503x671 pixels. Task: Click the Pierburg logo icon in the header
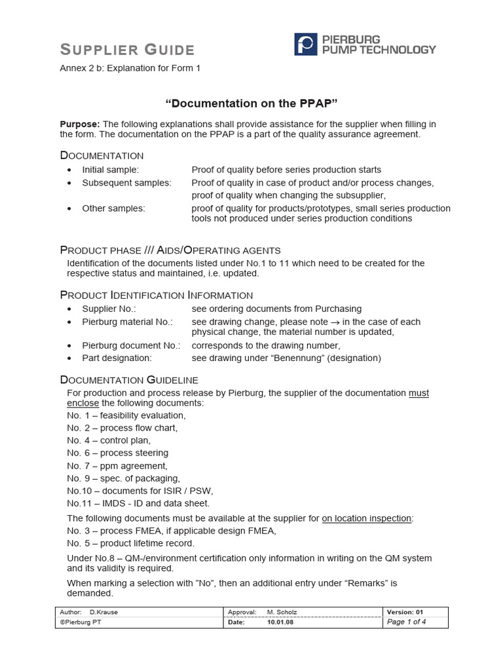[305, 45]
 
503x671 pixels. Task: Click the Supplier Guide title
[127, 50]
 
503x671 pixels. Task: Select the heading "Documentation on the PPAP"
[251, 103]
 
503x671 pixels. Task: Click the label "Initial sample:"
[110, 170]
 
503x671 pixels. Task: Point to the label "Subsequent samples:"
[126, 183]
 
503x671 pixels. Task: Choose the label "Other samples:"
[113, 208]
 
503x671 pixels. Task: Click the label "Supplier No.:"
[109, 309]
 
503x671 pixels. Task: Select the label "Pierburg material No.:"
[127, 322]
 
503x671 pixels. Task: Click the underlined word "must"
[419, 393]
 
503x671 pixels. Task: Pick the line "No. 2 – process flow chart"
[122, 428]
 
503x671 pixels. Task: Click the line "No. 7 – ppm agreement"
[117, 465]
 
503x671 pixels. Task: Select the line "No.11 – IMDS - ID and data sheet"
[138, 503]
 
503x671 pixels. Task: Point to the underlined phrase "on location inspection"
[367, 518]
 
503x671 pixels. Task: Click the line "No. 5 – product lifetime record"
[130, 543]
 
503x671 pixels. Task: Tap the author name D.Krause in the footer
[103, 612]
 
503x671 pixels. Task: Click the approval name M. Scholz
[282, 612]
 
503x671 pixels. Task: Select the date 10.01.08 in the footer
[280, 623]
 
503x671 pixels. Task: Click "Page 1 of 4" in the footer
[407, 622]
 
